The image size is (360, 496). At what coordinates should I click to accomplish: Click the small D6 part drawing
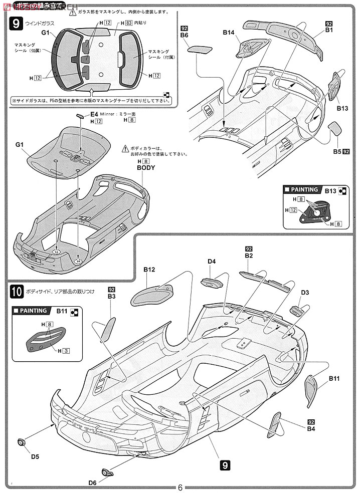107,471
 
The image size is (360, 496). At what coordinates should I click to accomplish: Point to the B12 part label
149,270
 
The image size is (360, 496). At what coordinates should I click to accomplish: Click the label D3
305,292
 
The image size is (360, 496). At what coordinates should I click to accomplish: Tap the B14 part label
229,33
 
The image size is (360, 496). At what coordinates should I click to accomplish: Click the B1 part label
329,30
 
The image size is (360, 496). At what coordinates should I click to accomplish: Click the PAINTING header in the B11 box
33,311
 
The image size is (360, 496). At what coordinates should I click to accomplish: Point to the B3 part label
111,297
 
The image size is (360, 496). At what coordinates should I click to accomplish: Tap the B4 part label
311,428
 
